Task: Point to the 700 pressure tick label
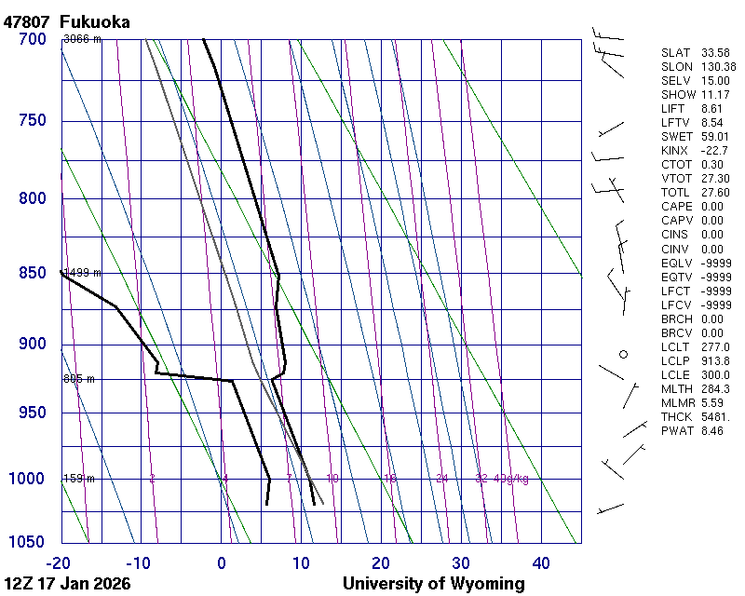33,39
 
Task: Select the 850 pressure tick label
33,273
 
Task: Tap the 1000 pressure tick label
28,479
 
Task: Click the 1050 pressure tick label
28,542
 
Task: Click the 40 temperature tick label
541,562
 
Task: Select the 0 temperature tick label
222,562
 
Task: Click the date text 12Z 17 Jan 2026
67,584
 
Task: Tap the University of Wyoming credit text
433,584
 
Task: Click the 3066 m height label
82,39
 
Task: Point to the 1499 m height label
82,273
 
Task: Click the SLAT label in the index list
676,53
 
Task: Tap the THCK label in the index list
677,416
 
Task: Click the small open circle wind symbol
624,354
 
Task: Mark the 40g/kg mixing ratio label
511,479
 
